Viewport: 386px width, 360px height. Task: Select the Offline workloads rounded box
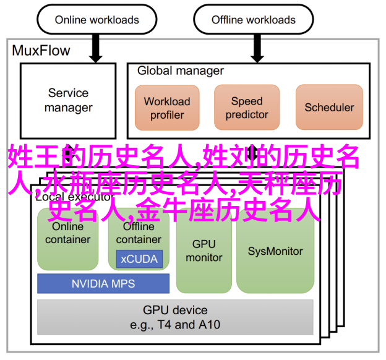click(x=254, y=20)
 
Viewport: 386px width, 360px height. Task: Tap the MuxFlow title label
click(x=41, y=50)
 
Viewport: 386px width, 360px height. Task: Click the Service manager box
click(x=68, y=101)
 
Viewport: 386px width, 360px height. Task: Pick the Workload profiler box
click(x=167, y=108)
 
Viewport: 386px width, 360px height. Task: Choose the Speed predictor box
click(x=247, y=108)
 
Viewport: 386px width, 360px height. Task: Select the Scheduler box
click(x=329, y=108)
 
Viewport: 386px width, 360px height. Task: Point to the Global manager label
click(x=181, y=71)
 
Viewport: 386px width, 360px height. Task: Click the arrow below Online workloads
click(x=95, y=48)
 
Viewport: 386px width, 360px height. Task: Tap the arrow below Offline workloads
click(x=253, y=48)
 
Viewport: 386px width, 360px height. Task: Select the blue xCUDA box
click(x=140, y=259)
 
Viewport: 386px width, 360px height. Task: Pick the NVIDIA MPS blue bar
click(x=103, y=284)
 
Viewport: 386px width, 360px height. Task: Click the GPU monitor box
click(x=203, y=251)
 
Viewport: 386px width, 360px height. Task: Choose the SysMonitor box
click(x=275, y=251)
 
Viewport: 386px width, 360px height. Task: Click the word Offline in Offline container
click(x=139, y=227)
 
